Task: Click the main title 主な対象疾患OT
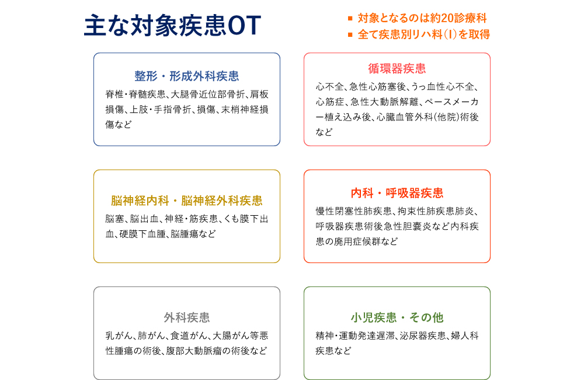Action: [x=172, y=25]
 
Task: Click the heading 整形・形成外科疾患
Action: [x=187, y=76]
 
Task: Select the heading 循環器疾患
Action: [x=397, y=68]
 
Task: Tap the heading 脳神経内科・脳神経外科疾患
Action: [x=187, y=201]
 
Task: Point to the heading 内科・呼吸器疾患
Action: [x=397, y=193]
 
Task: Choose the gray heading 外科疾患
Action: [x=187, y=317]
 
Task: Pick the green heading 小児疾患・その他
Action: [x=397, y=317]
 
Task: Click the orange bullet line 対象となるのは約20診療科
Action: [x=422, y=18]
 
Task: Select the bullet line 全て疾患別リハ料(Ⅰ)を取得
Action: [x=424, y=34]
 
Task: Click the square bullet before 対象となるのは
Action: [x=350, y=18]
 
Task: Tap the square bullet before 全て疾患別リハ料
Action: [x=350, y=34]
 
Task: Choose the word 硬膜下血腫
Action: [x=142, y=234]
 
